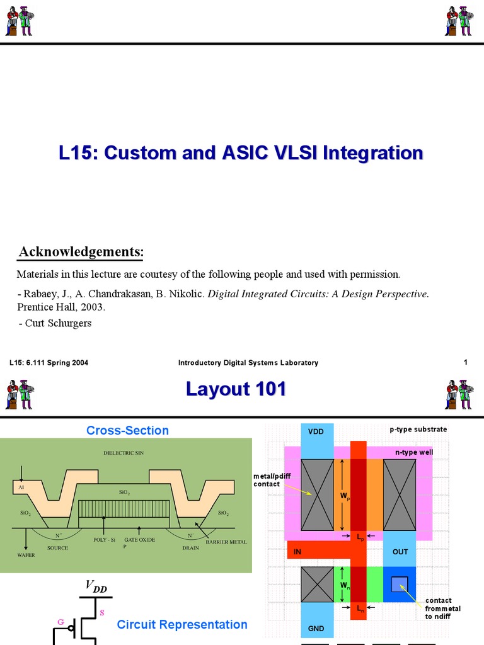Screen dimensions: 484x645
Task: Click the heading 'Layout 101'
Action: pyautogui.click(x=236, y=389)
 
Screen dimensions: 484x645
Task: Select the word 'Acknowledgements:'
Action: pyautogui.click(x=81, y=251)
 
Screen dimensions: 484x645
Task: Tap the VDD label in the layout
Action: pyautogui.click(x=316, y=431)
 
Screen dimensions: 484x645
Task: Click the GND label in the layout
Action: pyautogui.click(x=316, y=628)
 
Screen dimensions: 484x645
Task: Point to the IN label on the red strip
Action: pyautogui.click(x=297, y=552)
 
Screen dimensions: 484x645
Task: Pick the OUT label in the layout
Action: pyautogui.click(x=400, y=552)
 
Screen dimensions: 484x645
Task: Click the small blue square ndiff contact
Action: pyautogui.click(x=399, y=584)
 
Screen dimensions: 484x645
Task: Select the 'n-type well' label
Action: pyautogui.click(x=414, y=452)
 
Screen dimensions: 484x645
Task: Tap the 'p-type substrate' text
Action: pyautogui.click(x=418, y=429)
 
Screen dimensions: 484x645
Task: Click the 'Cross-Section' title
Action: pyautogui.click(x=127, y=430)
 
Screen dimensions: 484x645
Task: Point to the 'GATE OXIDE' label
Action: pyautogui.click(x=139, y=540)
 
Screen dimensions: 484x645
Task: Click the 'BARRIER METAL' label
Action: pyautogui.click(x=226, y=542)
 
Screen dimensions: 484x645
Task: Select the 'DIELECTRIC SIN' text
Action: pyautogui.click(x=124, y=453)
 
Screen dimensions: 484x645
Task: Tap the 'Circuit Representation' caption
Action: pyautogui.click(x=182, y=624)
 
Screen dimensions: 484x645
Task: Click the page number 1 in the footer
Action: pyautogui.click(x=466, y=362)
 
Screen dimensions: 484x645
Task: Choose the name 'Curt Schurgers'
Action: pyautogui.click(x=58, y=323)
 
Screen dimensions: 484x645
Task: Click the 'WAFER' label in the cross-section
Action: pyautogui.click(x=26, y=555)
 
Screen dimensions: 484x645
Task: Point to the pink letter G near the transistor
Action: pyautogui.click(x=61, y=622)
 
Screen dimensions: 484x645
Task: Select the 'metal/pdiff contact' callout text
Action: pyautogui.click(x=272, y=479)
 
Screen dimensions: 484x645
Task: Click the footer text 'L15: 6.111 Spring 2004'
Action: pyautogui.click(x=49, y=362)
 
